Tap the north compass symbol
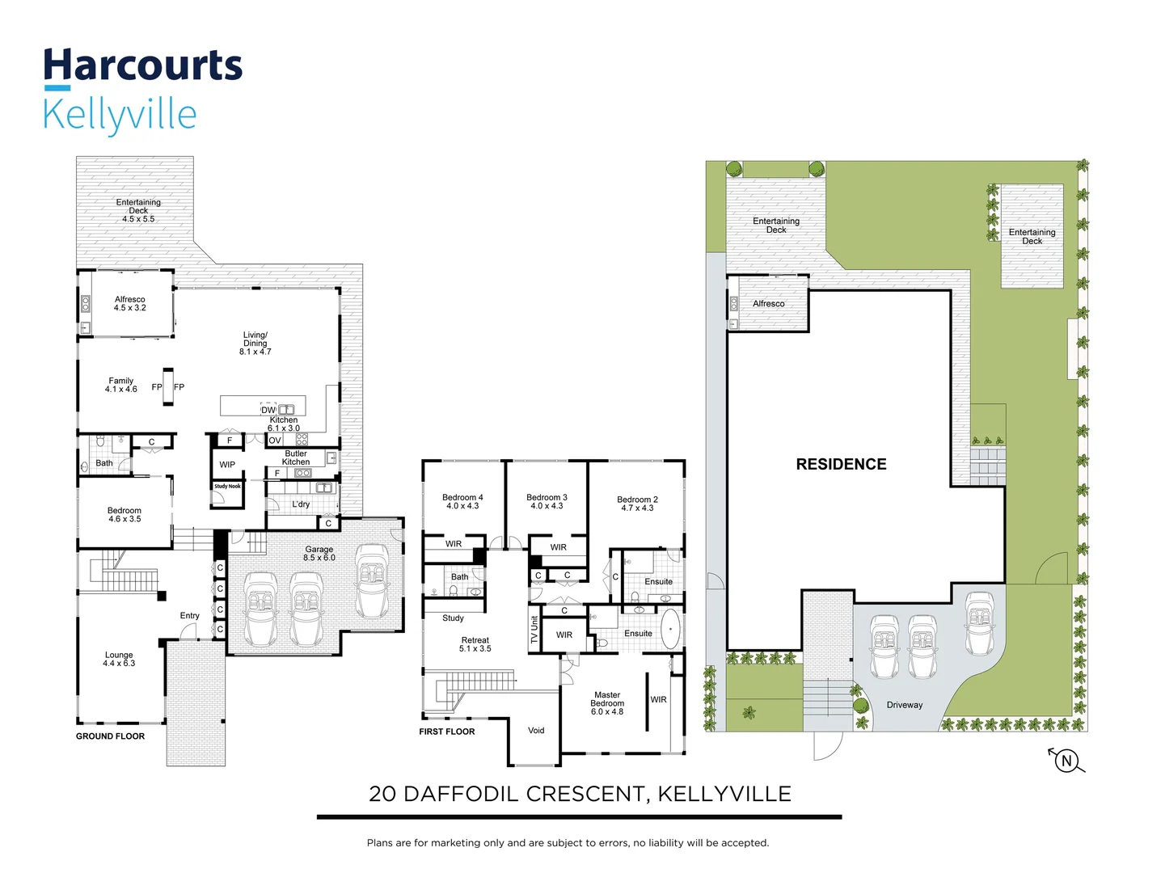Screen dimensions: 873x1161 tap(1066, 760)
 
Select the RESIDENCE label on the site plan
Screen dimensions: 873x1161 tap(841, 464)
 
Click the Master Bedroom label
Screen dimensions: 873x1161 tap(606, 703)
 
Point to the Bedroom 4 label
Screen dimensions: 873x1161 tap(462, 502)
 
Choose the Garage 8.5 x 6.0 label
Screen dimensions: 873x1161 tap(319, 554)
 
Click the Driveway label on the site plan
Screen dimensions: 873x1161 tap(904, 705)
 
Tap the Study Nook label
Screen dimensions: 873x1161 tap(227, 487)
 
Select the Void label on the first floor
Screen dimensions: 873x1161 tap(536, 731)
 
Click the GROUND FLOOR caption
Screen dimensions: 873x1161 tap(110, 736)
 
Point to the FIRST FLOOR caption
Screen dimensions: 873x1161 tap(446, 732)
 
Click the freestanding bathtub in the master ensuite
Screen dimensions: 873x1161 tap(670, 629)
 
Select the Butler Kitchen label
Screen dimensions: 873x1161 tap(295, 458)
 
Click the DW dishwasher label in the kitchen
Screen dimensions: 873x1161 tap(268, 410)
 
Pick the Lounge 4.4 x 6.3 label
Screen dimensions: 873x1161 tap(119, 660)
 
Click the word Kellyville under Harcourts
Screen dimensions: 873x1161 tap(120, 115)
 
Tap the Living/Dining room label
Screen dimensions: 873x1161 tap(255, 343)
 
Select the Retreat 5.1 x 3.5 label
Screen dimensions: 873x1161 tap(475, 644)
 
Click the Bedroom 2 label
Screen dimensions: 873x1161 tap(637, 504)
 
